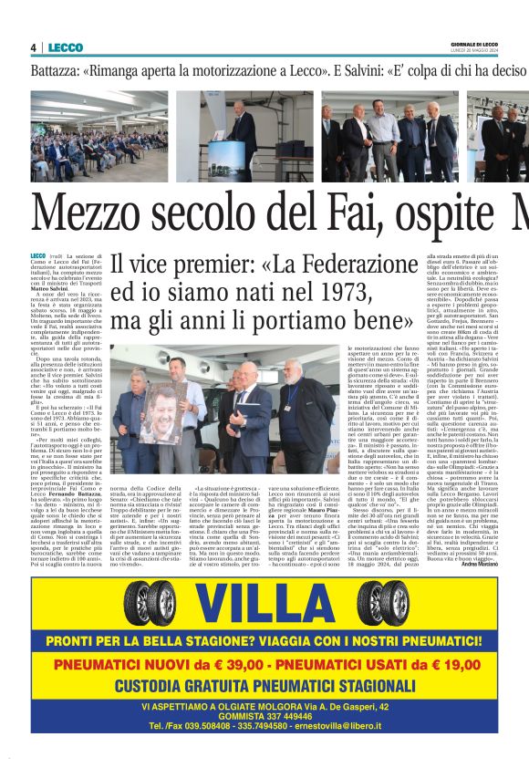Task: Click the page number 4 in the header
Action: (x=33, y=47)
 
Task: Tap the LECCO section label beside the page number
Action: (x=66, y=47)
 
